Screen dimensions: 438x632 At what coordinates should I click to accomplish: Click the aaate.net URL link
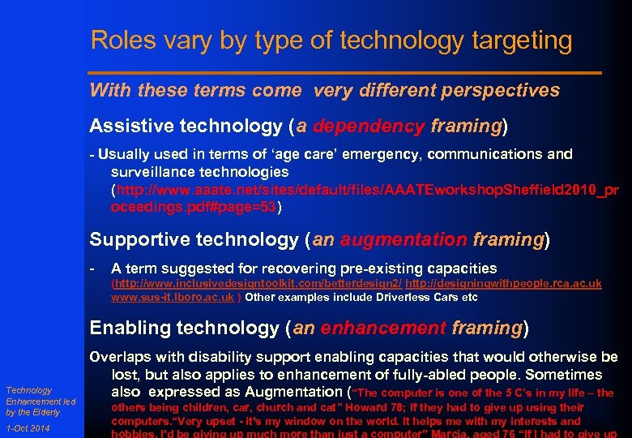(x=365, y=198)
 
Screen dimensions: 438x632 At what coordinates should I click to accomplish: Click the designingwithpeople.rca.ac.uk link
(x=503, y=283)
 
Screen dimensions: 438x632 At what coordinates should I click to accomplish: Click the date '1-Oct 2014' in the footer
(x=27, y=429)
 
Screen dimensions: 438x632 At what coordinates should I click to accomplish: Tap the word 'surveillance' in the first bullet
(x=159, y=172)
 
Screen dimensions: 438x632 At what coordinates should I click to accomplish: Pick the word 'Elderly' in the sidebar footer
(x=45, y=412)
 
